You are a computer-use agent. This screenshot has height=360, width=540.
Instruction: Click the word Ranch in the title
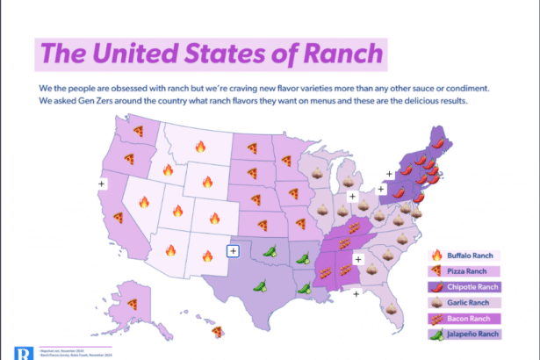coord(341,54)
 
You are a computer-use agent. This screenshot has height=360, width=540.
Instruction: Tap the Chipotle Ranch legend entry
coord(471,287)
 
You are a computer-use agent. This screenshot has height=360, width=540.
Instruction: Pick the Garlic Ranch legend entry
coord(465,303)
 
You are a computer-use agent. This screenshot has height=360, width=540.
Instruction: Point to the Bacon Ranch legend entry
coord(465,319)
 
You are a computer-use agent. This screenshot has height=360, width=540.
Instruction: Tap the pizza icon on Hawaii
coord(219,330)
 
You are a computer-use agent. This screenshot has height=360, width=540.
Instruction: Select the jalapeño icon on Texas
coord(260,284)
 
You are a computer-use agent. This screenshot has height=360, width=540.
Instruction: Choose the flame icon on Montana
coord(200,147)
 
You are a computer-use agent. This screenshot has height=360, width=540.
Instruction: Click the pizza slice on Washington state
coord(138,130)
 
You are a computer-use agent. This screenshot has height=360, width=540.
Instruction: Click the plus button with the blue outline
coord(233,250)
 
